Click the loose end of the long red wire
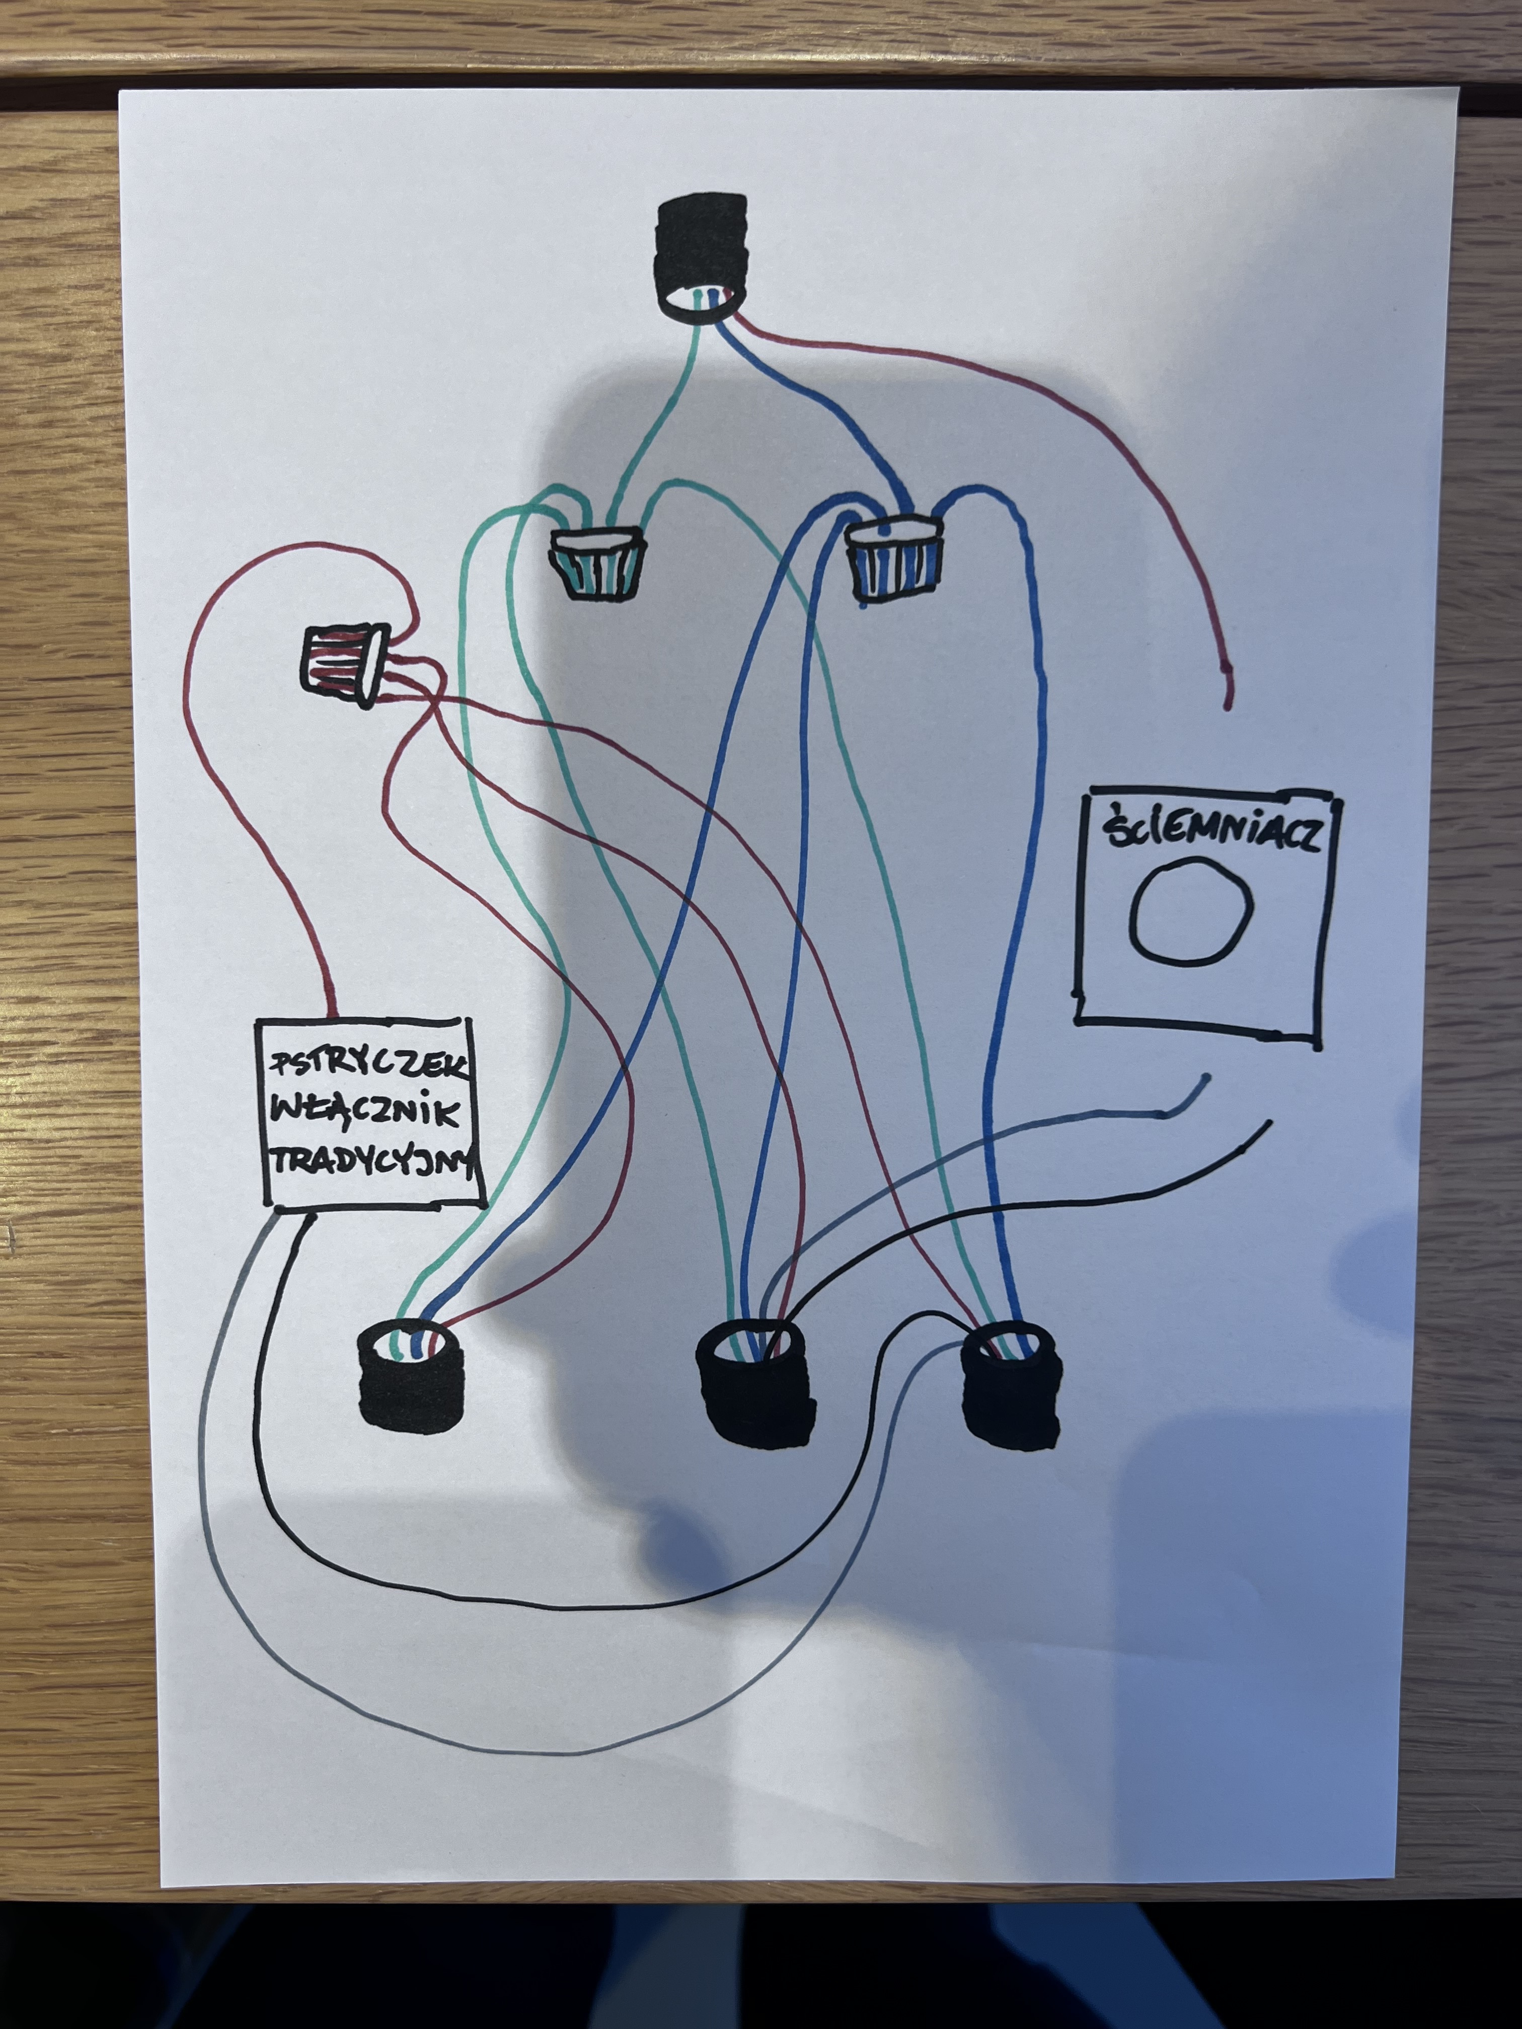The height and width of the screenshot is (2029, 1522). coord(1227,705)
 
